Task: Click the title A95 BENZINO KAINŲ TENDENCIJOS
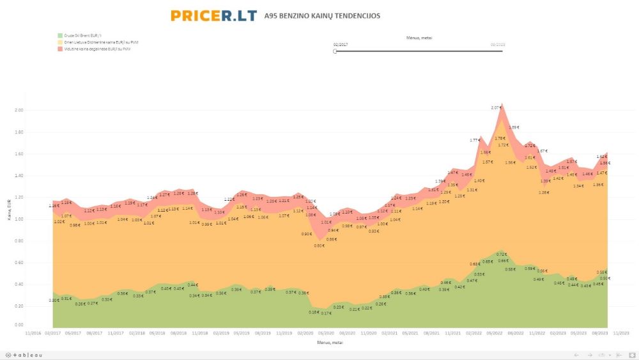click(x=322, y=15)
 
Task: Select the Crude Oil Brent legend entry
click(x=81, y=35)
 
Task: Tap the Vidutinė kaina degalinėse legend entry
click(x=96, y=48)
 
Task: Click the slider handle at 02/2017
click(x=335, y=51)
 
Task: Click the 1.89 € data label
click(x=514, y=127)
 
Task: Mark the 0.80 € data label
click(x=319, y=245)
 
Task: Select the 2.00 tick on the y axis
click(x=19, y=110)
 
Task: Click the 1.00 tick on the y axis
click(x=19, y=219)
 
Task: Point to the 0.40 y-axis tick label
click(x=19, y=284)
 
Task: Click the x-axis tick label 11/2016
click(x=33, y=333)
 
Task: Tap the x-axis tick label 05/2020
click(x=327, y=333)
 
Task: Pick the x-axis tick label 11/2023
click(x=620, y=333)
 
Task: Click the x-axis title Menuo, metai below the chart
click(x=330, y=342)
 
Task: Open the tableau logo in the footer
click(x=25, y=355)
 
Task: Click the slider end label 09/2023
click(x=498, y=44)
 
